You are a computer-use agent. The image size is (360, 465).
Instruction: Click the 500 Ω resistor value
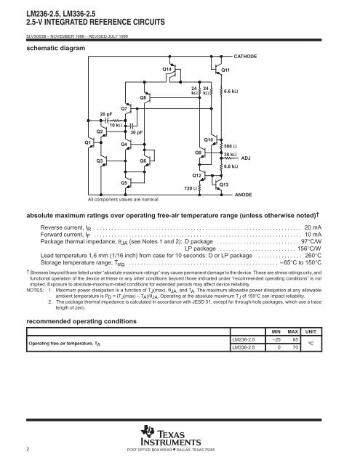coord(232,147)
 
